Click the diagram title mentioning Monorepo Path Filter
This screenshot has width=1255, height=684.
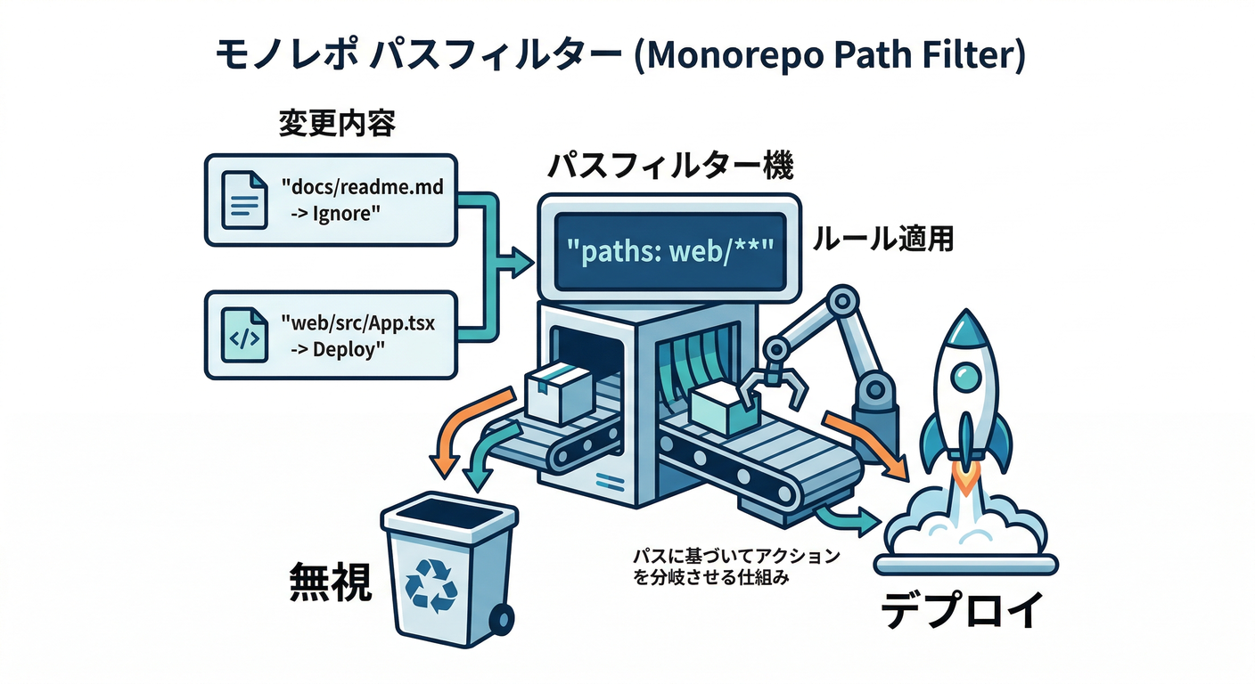[x=620, y=55]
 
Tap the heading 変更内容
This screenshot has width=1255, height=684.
[x=336, y=124]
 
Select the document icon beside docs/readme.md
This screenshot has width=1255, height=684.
[x=242, y=200]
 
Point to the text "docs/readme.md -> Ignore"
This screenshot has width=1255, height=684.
[x=361, y=200]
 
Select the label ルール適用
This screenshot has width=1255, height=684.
[x=881, y=240]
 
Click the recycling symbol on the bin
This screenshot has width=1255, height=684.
[x=431, y=587]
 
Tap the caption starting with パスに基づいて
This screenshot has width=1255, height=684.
[x=735, y=566]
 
